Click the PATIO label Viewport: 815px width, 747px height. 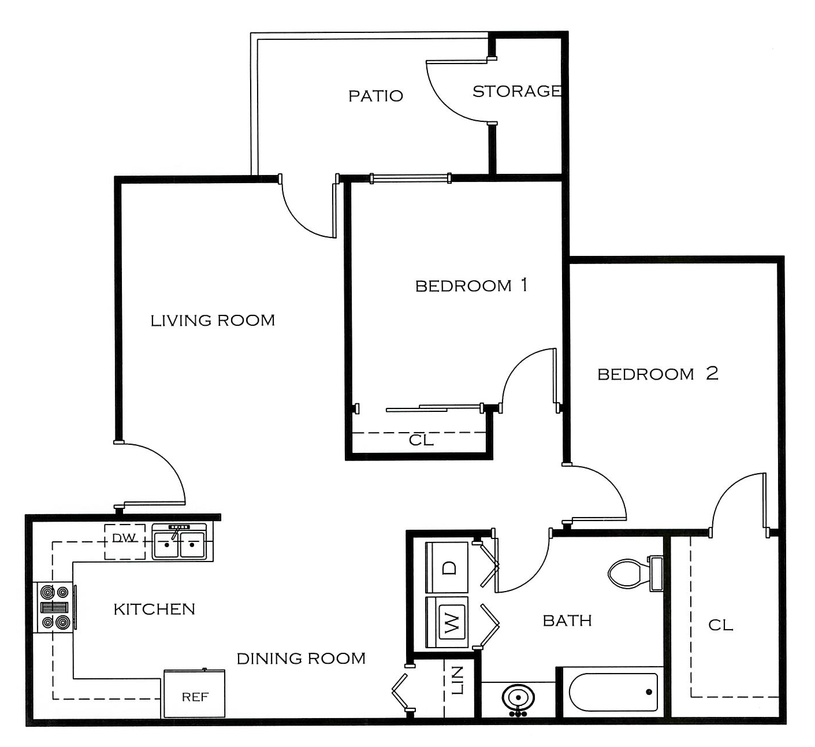pyautogui.click(x=376, y=96)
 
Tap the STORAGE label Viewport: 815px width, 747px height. pyautogui.click(x=517, y=91)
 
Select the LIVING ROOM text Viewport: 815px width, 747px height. pyautogui.click(x=213, y=321)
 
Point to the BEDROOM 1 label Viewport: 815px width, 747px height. pyautogui.click(x=471, y=285)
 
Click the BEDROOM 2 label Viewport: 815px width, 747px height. pyautogui.click(x=658, y=373)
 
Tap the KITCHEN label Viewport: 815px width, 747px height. pyautogui.click(x=154, y=610)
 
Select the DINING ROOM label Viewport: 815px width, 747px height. pyautogui.click(x=301, y=659)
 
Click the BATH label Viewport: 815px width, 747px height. pyautogui.click(x=567, y=620)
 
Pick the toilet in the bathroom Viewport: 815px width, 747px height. pyautogui.click(x=635, y=574)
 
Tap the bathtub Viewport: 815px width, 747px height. pyautogui.click(x=613, y=693)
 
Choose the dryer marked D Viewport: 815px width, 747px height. pyautogui.click(x=447, y=567)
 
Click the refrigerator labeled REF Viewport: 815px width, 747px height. pyautogui.click(x=194, y=694)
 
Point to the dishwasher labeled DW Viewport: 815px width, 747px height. pyautogui.click(x=125, y=542)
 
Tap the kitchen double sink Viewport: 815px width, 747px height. pyautogui.click(x=179, y=541)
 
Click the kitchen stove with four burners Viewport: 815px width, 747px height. pyautogui.click(x=55, y=607)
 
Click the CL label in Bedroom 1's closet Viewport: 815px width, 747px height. pyautogui.click(x=421, y=440)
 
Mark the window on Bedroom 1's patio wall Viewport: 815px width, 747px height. pyautogui.click(x=410, y=178)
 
